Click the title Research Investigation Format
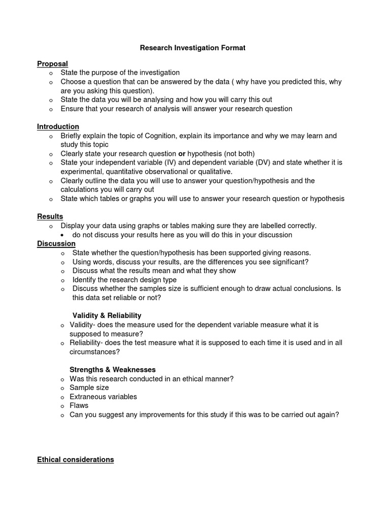(x=192, y=48)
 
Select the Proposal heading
(x=52, y=64)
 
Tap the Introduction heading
(x=58, y=126)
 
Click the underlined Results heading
(x=50, y=217)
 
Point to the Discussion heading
(x=56, y=244)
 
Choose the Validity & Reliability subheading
(x=107, y=316)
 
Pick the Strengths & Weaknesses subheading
(x=113, y=370)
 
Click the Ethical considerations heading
(x=76, y=460)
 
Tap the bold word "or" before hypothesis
(x=182, y=153)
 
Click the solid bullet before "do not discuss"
(x=61, y=235)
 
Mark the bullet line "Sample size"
(x=89, y=387)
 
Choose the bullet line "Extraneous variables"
(x=103, y=397)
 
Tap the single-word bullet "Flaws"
(x=79, y=405)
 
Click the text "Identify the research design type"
(x=124, y=280)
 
